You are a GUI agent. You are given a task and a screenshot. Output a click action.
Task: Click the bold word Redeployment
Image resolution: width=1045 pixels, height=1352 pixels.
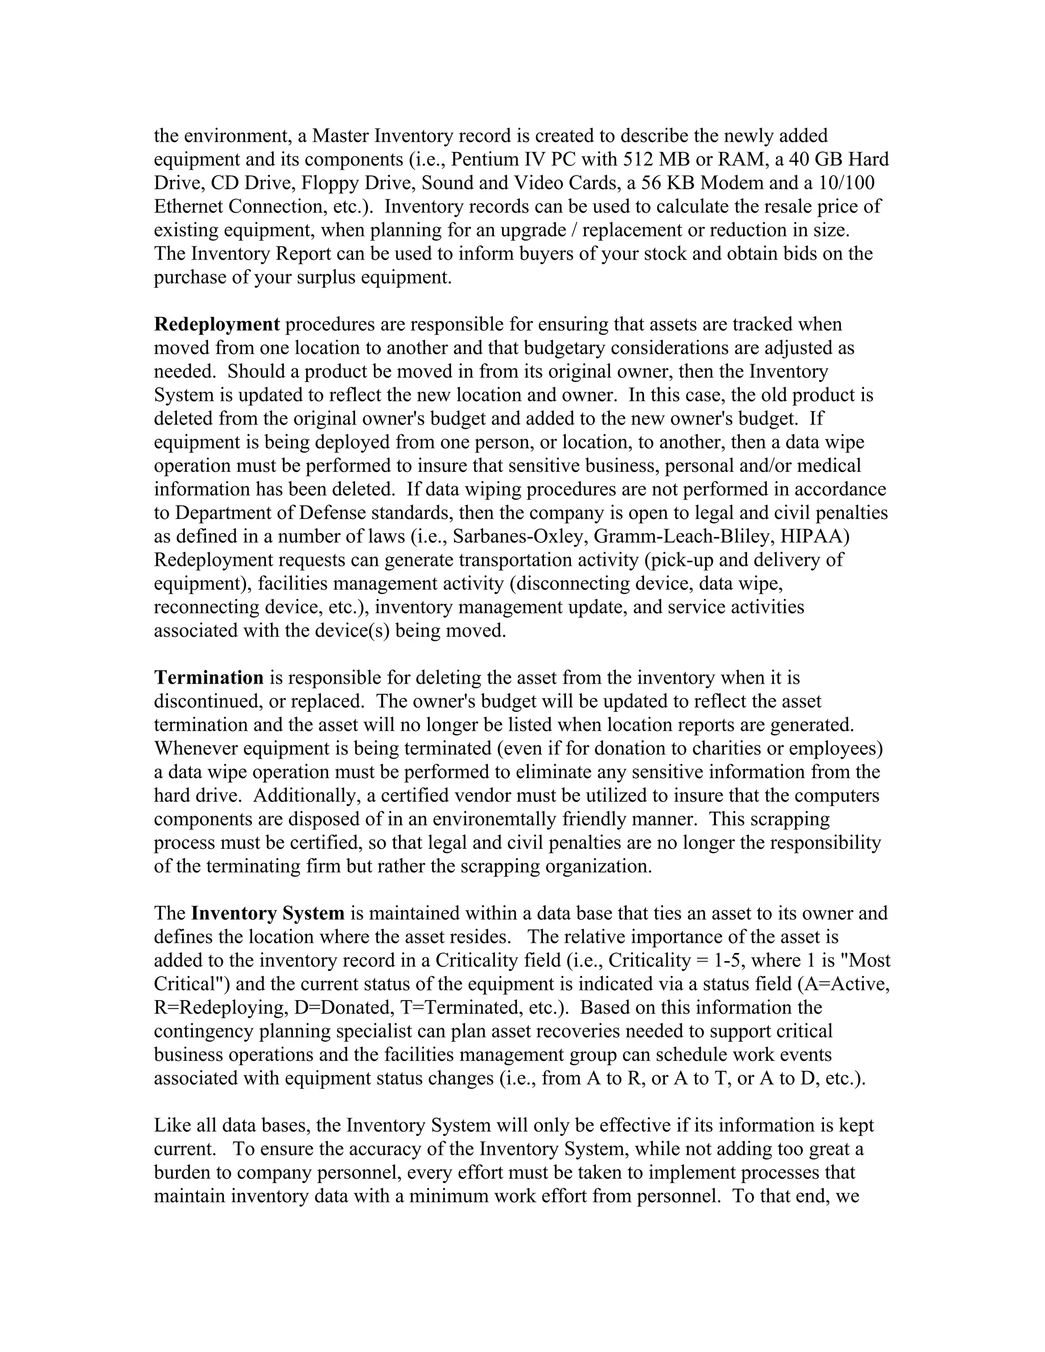point(217,324)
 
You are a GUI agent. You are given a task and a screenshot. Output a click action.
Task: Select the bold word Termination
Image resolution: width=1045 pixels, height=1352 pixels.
point(209,678)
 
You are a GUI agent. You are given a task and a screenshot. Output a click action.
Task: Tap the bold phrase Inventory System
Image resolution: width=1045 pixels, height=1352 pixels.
point(267,914)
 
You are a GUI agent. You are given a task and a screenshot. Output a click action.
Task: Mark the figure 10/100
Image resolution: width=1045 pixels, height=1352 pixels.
point(847,183)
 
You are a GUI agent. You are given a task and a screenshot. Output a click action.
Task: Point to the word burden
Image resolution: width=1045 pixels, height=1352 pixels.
point(184,1173)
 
